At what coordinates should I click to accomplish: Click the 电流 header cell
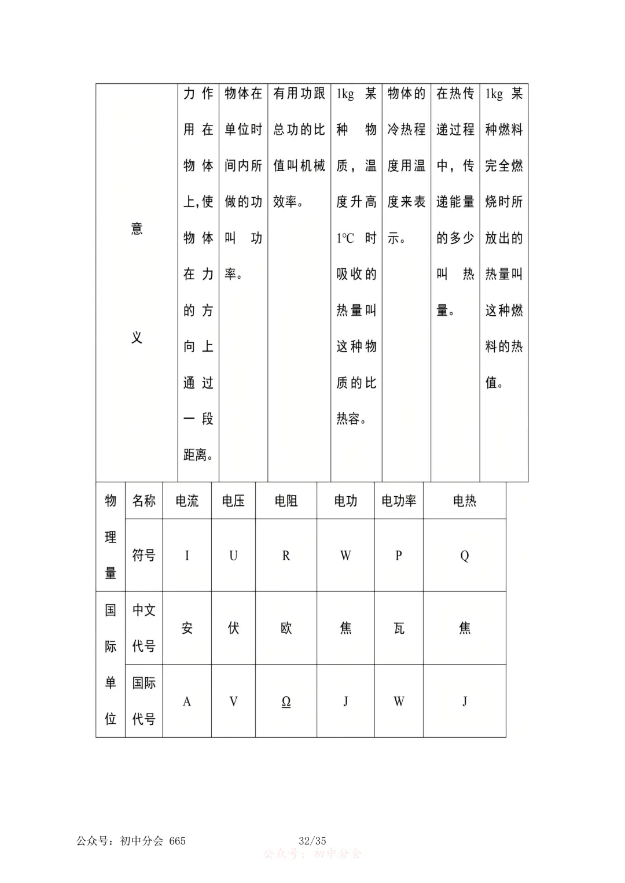pyautogui.click(x=187, y=501)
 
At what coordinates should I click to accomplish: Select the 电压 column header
pyautogui.click(x=233, y=501)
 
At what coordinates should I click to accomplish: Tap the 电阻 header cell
pyautogui.click(x=286, y=501)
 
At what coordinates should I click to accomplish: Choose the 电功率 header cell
pyautogui.click(x=399, y=501)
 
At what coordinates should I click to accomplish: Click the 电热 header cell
pyautogui.click(x=465, y=501)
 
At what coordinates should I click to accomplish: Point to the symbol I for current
pyautogui.click(x=187, y=556)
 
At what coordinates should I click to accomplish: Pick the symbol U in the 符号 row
pyautogui.click(x=233, y=556)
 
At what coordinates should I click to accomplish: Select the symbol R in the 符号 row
pyautogui.click(x=286, y=556)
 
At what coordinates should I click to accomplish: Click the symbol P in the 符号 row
pyautogui.click(x=399, y=556)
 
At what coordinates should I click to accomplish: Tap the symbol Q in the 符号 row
pyautogui.click(x=465, y=556)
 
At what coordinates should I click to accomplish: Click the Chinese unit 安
pyautogui.click(x=187, y=628)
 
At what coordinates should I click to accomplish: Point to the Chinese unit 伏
pyautogui.click(x=233, y=628)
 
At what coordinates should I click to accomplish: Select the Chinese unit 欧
pyautogui.click(x=286, y=628)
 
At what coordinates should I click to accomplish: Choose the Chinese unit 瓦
pyautogui.click(x=399, y=628)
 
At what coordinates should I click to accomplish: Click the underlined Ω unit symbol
pyautogui.click(x=286, y=701)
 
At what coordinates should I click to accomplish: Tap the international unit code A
pyautogui.click(x=187, y=701)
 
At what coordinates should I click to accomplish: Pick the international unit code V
pyautogui.click(x=233, y=701)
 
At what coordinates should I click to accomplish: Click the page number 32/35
pyautogui.click(x=312, y=841)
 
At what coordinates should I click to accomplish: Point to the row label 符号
pyautogui.click(x=144, y=556)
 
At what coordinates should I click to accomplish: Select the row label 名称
pyautogui.click(x=144, y=501)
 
